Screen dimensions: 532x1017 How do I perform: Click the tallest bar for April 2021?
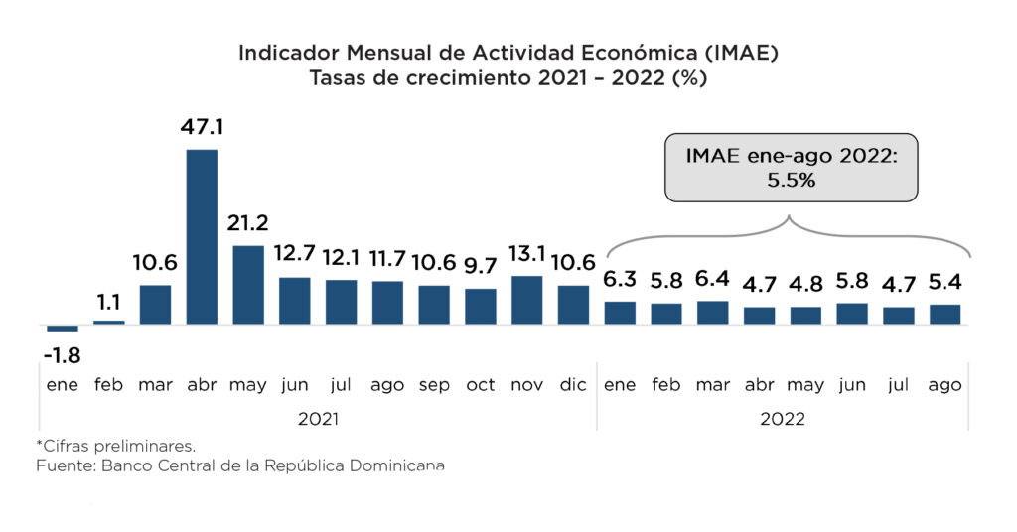[202, 236]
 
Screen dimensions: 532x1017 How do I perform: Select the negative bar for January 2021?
[62, 329]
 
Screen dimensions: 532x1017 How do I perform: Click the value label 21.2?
[248, 222]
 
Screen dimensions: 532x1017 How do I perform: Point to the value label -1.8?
[62, 354]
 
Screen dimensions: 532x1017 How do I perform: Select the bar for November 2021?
[526, 300]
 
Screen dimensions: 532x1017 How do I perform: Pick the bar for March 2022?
[713, 313]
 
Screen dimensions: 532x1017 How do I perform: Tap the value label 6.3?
[620, 281]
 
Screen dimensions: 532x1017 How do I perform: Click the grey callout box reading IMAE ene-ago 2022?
[791, 168]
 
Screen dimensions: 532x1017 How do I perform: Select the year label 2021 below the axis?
[319, 419]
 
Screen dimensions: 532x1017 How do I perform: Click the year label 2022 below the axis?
[783, 419]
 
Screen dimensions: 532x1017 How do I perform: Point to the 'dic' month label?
[573, 385]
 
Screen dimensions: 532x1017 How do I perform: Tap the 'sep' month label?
[434, 385]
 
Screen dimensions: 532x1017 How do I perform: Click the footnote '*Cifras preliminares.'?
[115, 445]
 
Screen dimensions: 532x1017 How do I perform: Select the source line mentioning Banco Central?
[239, 465]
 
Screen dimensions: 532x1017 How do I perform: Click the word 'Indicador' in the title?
[283, 54]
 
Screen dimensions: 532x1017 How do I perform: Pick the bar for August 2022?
[944, 314]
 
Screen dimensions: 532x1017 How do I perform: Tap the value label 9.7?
[481, 267]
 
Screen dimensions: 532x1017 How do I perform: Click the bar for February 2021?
[108, 323]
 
